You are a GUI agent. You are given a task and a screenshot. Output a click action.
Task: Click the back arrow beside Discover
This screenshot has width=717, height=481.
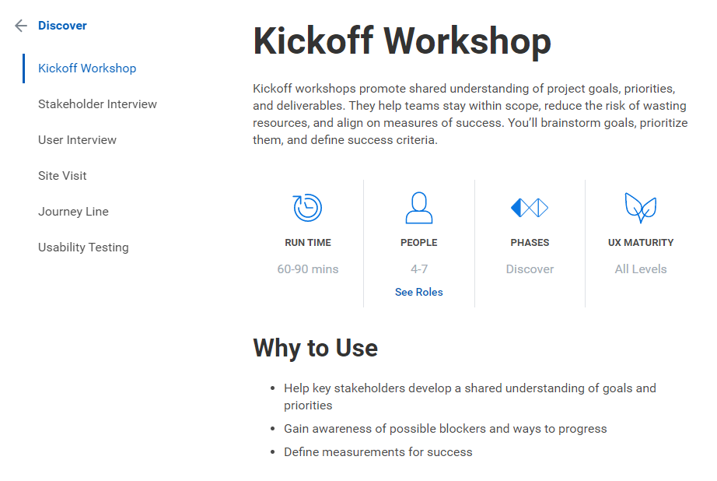tap(21, 26)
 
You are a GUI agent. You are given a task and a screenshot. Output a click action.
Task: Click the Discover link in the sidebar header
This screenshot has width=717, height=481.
tap(62, 26)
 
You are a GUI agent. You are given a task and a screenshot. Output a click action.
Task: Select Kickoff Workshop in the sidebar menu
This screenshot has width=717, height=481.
tap(87, 68)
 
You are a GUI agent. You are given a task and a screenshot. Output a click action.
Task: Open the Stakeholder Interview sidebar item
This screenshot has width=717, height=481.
tap(97, 104)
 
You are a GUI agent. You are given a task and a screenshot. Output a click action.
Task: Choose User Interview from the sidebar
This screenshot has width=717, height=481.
tap(77, 140)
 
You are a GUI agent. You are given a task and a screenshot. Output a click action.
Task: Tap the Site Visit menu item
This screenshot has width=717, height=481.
tap(62, 176)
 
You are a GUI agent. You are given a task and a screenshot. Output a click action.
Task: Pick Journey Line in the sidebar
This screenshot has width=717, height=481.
tap(73, 212)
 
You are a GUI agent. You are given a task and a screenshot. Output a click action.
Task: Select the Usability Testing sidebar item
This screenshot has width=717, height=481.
tap(83, 248)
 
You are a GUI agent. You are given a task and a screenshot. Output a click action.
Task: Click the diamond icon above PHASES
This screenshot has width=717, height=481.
tap(530, 208)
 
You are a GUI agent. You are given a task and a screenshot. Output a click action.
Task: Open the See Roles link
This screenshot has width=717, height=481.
tap(419, 292)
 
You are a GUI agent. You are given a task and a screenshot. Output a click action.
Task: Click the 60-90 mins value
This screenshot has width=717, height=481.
tap(308, 269)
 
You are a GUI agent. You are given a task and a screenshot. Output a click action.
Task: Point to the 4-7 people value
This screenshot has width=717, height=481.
tap(419, 269)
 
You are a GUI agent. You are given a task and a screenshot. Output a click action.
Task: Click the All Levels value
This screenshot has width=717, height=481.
tap(641, 269)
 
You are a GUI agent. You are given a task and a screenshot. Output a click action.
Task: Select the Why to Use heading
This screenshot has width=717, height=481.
tap(316, 348)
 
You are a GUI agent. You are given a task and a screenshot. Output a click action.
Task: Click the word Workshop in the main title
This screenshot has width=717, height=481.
tap(467, 41)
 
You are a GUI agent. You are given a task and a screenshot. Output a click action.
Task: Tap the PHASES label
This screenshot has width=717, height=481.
tap(530, 243)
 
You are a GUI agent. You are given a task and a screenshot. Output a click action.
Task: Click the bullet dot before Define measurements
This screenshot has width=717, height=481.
tap(272, 452)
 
